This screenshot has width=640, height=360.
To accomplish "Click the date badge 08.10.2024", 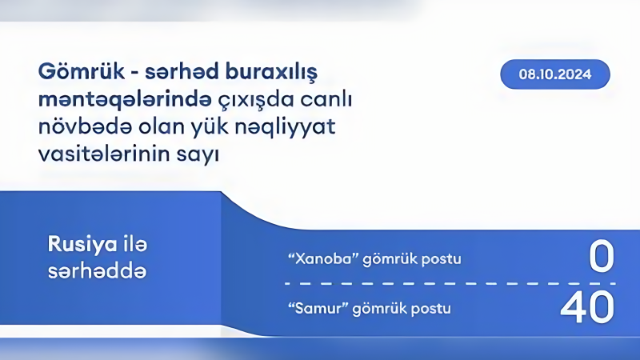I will [554, 75].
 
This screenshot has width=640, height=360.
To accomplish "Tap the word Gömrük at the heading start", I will [74, 72].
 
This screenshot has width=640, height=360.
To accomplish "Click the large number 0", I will [601, 258].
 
